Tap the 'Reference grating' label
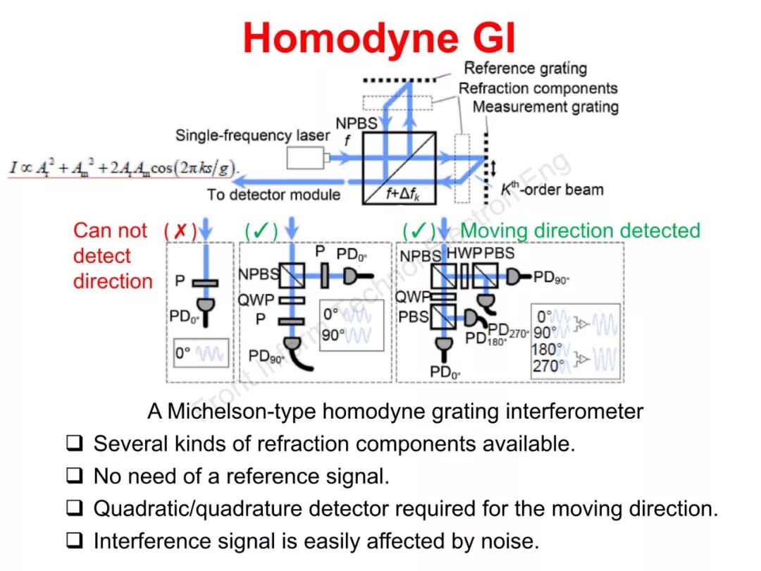pos(525,68)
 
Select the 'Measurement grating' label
pos(545,107)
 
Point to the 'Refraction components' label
pos(538,88)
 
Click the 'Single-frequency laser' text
pos(252,135)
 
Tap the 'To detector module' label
pos(273,195)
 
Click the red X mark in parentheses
pos(180,231)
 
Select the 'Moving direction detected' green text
pos(580,231)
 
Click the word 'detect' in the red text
pos(102,256)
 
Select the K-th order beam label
pos(551,190)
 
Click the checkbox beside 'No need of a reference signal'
pos(75,476)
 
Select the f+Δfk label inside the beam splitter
pos(404,196)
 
